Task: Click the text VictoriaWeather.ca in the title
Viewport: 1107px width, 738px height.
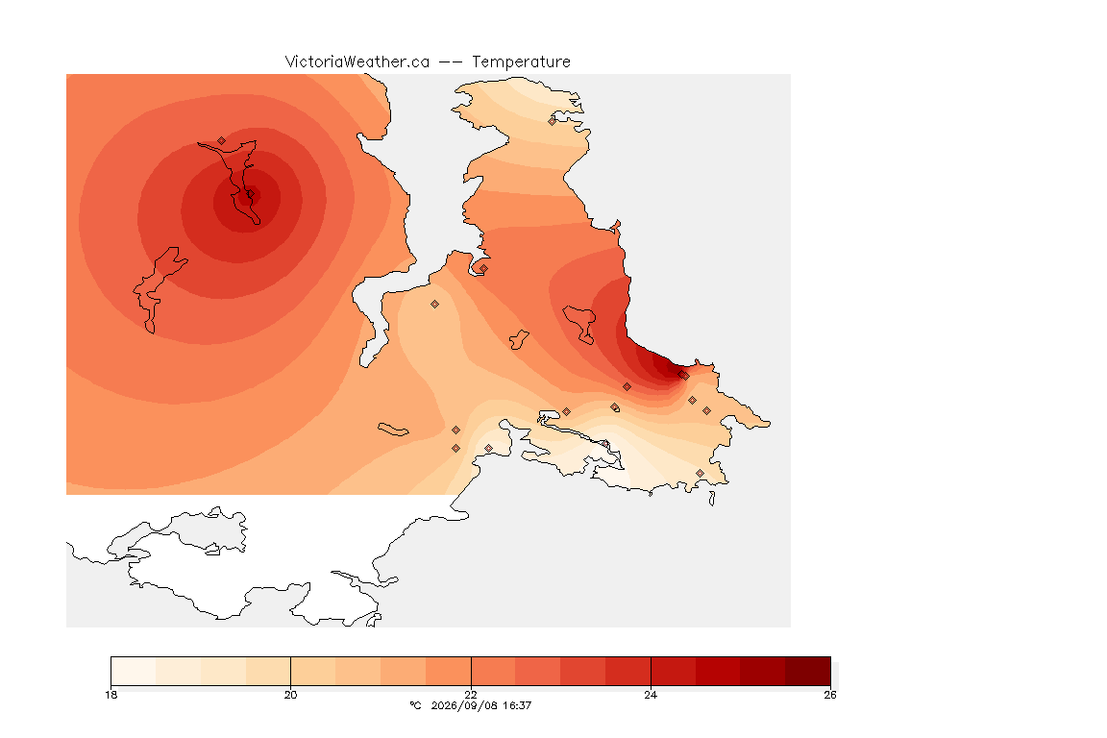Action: pyautogui.click(x=357, y=62)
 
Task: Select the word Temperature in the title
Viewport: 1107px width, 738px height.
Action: pyautogui.click(x=521, y=62)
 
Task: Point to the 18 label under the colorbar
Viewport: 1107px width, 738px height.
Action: pyautogui.click(x=111, y=695)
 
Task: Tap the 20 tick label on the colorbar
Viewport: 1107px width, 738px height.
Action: pyautogui.click(x=291, y=695)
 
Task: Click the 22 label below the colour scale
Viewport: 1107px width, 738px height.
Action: pyautogui.click(x=471, y=695)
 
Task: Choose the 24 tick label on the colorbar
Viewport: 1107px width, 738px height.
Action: pyautogui.click(x=651, y=695)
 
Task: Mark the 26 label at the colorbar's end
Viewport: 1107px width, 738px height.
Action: pyautogui.click(x=830, y=695)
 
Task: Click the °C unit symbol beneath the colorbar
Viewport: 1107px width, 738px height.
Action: pyautogui.click(x=415, y=705)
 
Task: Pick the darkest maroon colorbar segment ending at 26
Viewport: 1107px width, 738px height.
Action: pyautogui.click(x=807, y=671)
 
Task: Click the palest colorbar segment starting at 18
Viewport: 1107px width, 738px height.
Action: pyautogui.click(x=134, y=671)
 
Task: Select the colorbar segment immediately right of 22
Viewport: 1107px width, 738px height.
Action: pyautogui.click(x=494, y=671)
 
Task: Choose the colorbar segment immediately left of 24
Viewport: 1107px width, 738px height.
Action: pyautogui.click(x=627, y=671)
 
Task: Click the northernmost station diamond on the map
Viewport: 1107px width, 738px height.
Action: pyautogui.click(x=553, y=121)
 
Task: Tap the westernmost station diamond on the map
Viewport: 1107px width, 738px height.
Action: pyautogui.click(x=222, y=140)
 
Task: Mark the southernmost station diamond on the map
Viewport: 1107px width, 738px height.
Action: pyautogui.click(x=700, y=473)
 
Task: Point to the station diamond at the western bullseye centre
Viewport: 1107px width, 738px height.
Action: pyautogui.click(x=249, y=193)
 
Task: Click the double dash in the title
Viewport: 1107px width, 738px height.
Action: pyautogui.click(x=451, y=62)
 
